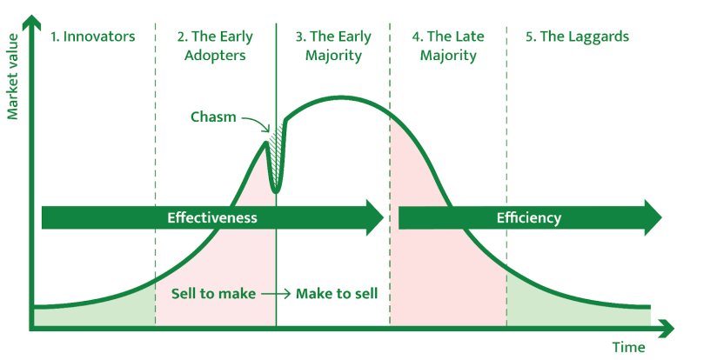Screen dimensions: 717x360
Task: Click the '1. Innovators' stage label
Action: click(93, 37)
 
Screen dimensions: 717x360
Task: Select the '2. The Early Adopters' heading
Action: click(215, 46)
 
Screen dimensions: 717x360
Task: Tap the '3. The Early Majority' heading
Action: click(333, 46)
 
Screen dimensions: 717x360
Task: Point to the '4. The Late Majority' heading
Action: click(448, 46)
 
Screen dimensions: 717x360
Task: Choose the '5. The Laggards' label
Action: click(577, 37)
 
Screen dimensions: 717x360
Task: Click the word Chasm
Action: click(213, 117)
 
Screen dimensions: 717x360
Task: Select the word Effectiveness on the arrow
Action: click(212, 217)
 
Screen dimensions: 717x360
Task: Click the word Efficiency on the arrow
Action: click(528, 218)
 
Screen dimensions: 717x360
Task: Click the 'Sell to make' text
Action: click(213, 293)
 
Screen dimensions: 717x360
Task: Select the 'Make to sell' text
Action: click(337, 293)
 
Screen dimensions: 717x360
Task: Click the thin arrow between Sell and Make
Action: click(276, 294)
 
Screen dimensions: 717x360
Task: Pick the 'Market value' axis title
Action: click(12, 77)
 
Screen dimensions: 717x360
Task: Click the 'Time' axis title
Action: click(629, 347)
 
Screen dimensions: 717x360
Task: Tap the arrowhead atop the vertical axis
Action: click(31, 21)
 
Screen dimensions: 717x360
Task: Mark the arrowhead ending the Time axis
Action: click(667, 329)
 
